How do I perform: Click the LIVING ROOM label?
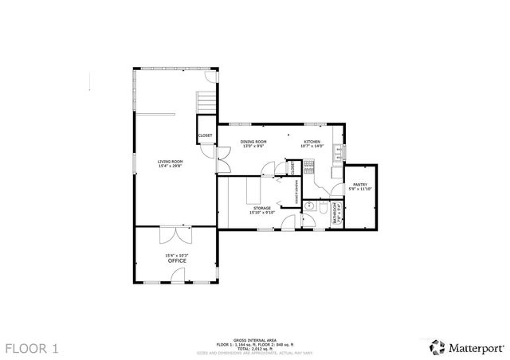[171, 162]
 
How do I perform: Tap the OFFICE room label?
[176, 260]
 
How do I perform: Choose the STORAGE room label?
[262, 208]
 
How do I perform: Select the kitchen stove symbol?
[310, 168]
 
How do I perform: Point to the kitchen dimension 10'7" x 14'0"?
[312, 147]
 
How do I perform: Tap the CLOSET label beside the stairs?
[205, 135]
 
